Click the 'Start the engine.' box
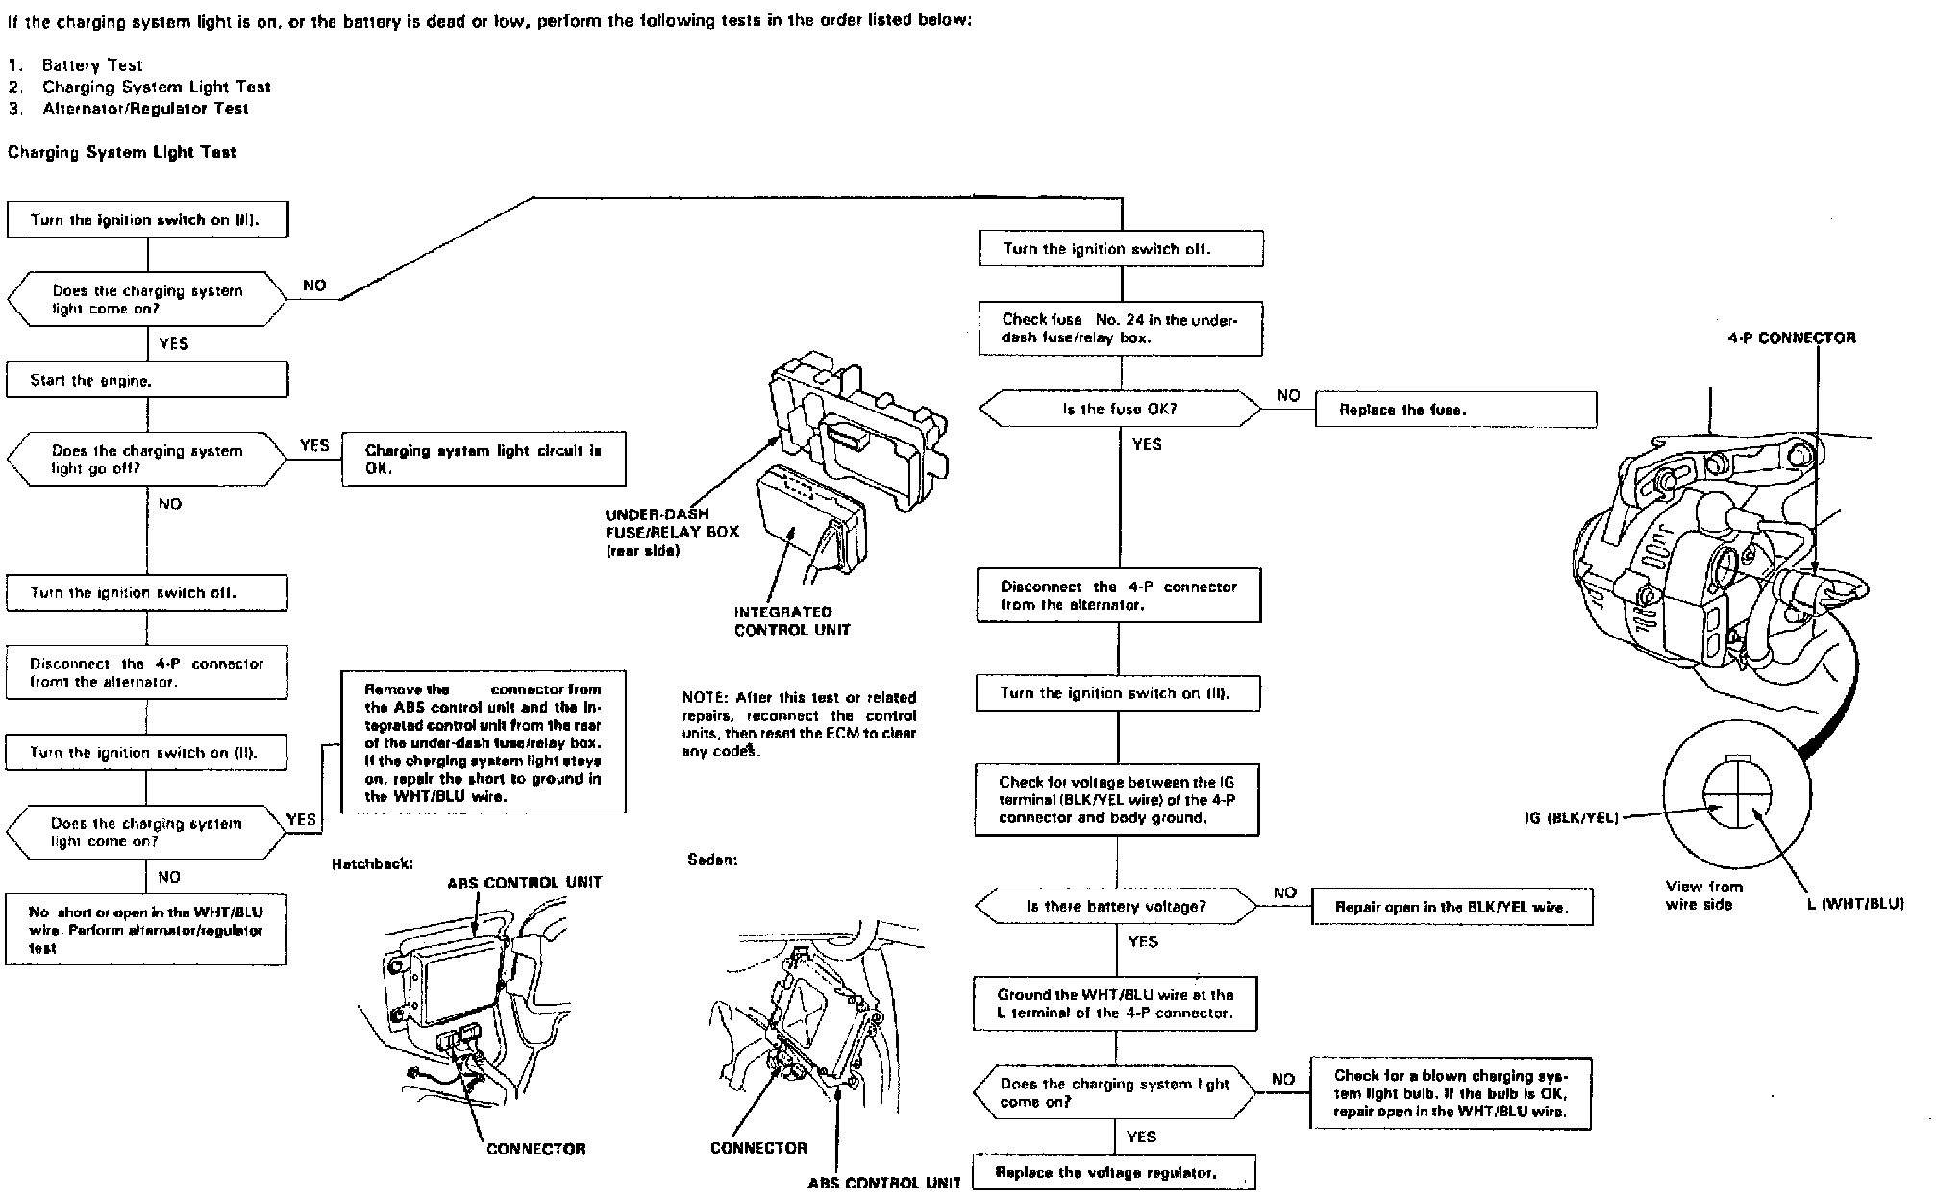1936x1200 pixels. coord(147,380)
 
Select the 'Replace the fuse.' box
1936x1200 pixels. coord(1455,410)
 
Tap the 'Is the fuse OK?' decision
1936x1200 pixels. coord(1120,410)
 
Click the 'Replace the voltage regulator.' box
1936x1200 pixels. coord(1113,1173)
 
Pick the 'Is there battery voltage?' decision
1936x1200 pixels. coord(1116,906)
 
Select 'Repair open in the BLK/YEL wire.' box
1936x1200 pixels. coord(1452,907)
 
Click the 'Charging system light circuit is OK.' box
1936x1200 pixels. coord(484,460)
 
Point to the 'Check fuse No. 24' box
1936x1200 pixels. coord(1120,329)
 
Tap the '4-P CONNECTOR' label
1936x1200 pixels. coord(1792,337)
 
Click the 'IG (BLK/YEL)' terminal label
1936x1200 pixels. coord(1572,818)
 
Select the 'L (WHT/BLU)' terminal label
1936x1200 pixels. coord(1855,903)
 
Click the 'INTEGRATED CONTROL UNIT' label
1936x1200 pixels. coord(782,621)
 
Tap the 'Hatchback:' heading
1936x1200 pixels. coord(372,863)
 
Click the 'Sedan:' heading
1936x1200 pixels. coord(712,860)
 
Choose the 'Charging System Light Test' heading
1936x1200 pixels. coord(122,152)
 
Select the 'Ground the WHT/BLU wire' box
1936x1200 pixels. coord(1115,1004)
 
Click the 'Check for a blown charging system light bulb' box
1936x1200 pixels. coord(1450,1093)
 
